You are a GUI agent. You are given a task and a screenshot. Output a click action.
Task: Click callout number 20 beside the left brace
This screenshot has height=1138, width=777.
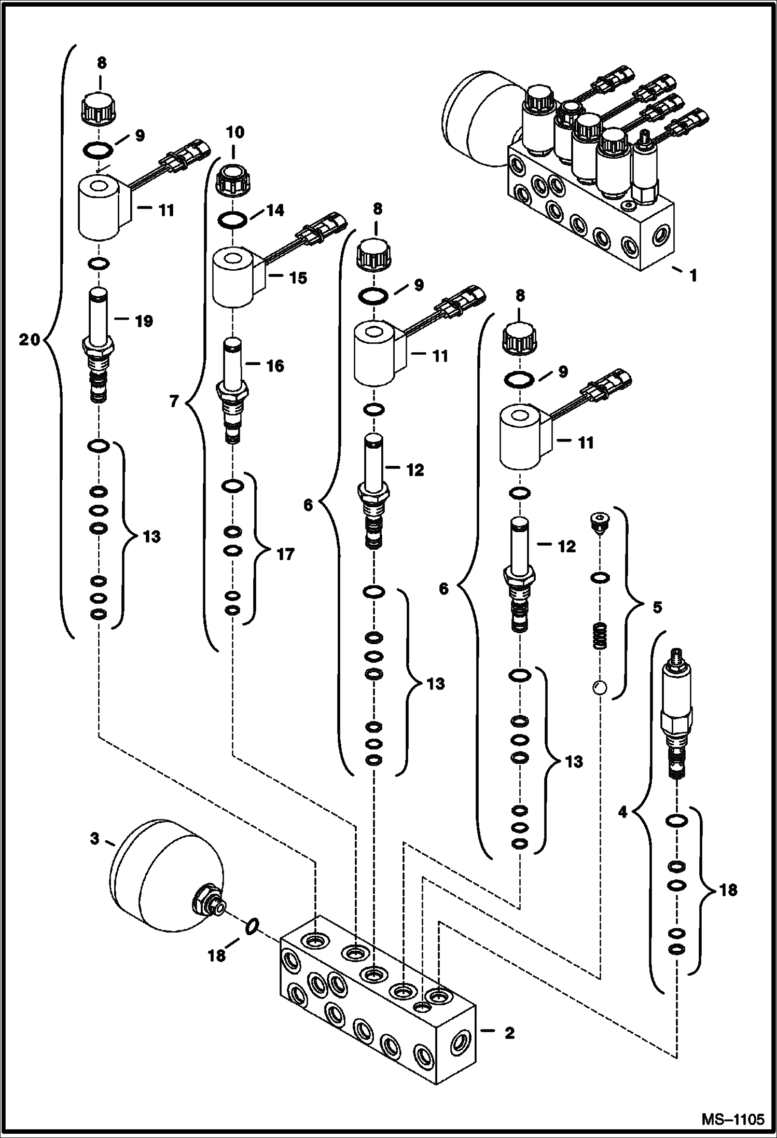pos(29,340)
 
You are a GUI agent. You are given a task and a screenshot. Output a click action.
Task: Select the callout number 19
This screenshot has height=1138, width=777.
pos(144,321)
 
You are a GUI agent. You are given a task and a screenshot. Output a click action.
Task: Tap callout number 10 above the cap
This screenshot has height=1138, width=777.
pos(234,132)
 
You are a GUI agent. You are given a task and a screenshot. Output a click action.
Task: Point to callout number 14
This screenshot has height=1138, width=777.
pos(275,210)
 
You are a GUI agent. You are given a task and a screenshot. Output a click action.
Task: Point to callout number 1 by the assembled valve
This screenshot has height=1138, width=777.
pos(693,275)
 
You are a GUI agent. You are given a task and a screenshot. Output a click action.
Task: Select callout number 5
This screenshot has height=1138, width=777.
pos(657,607)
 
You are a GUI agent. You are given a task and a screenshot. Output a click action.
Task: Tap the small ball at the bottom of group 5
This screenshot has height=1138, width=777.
pos(599,688)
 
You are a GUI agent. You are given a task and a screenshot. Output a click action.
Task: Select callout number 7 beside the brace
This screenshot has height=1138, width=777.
pos(174,401)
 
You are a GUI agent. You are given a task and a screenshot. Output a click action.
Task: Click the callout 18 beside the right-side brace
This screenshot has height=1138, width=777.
pos(728,890)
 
